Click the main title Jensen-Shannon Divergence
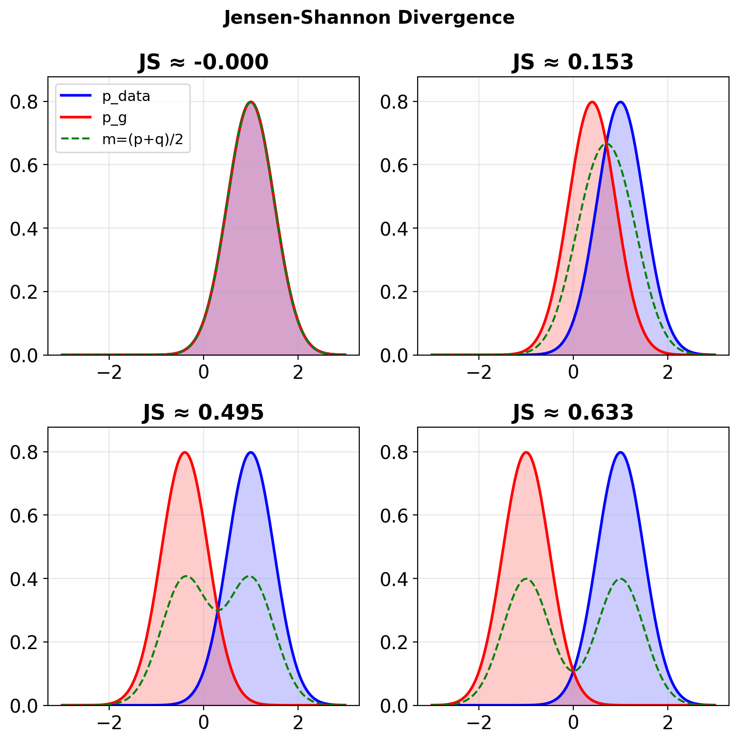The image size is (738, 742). click(369, 18)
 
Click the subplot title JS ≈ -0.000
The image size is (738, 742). click(203, 62)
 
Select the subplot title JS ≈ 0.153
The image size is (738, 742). click(573, 62)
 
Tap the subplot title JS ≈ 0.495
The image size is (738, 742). click(203, 412)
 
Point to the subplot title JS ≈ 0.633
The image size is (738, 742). click(573, 412)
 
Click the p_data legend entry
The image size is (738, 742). click(126, 96)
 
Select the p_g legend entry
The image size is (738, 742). click(114, 118)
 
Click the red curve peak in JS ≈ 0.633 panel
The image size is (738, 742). click(526, 452)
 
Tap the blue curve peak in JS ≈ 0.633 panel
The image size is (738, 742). click(620, 452)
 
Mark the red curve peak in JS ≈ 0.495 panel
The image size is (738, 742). click(185, 452)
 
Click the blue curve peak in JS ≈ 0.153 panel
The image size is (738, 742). click(620, 102)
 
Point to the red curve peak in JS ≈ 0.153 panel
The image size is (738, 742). click(592, 102)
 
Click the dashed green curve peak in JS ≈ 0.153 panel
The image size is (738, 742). click(606, 144)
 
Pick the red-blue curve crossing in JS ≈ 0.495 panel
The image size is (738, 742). click(218, 610)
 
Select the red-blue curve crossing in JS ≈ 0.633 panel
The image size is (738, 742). click(573, 669)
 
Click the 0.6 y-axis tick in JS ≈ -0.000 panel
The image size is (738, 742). click(23, 165)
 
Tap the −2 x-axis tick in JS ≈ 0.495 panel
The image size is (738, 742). click(109, 722)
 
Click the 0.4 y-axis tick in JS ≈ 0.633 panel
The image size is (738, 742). click(393, 579)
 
